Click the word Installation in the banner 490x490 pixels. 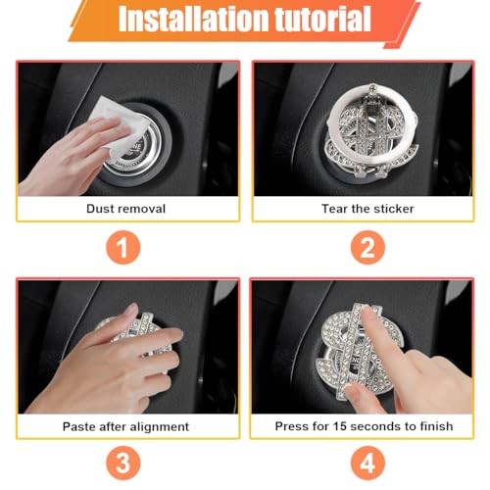coord(195,19)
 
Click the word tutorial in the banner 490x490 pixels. coord(323,19)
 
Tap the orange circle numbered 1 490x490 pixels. coord(123,247)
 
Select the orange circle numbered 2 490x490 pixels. coord(367,247)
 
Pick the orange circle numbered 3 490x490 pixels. coord(123,464)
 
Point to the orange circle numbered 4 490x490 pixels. coord(367,464)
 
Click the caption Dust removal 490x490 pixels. coord(126,209)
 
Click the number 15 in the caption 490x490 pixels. coord(339,426)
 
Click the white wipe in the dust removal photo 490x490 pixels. coord(119,125)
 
